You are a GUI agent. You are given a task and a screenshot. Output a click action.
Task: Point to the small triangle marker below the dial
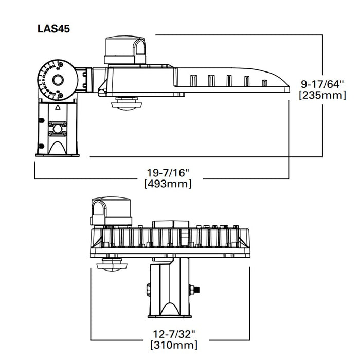click(58, 109)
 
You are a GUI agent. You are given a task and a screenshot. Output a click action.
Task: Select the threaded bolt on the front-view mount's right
click(196, 289)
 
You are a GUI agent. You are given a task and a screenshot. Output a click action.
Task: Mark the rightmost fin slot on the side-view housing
click(264, 82)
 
